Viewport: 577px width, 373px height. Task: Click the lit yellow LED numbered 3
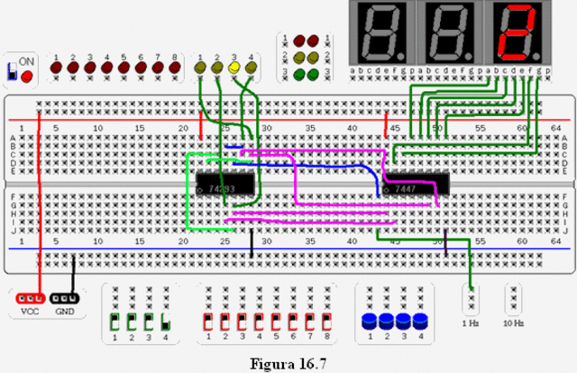tap(234, 68)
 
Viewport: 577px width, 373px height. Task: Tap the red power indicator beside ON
tap(26, 77)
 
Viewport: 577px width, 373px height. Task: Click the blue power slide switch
tap(12, 71)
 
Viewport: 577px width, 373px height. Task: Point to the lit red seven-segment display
tap(519, 31)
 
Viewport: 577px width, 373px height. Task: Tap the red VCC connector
tap(31, 297)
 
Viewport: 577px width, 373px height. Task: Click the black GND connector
tap(64, 297)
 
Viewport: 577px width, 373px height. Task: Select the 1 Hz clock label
tap(470, 323)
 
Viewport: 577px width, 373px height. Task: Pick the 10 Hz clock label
tap(513, 323)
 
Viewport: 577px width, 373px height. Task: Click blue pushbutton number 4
tap(419, 321)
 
